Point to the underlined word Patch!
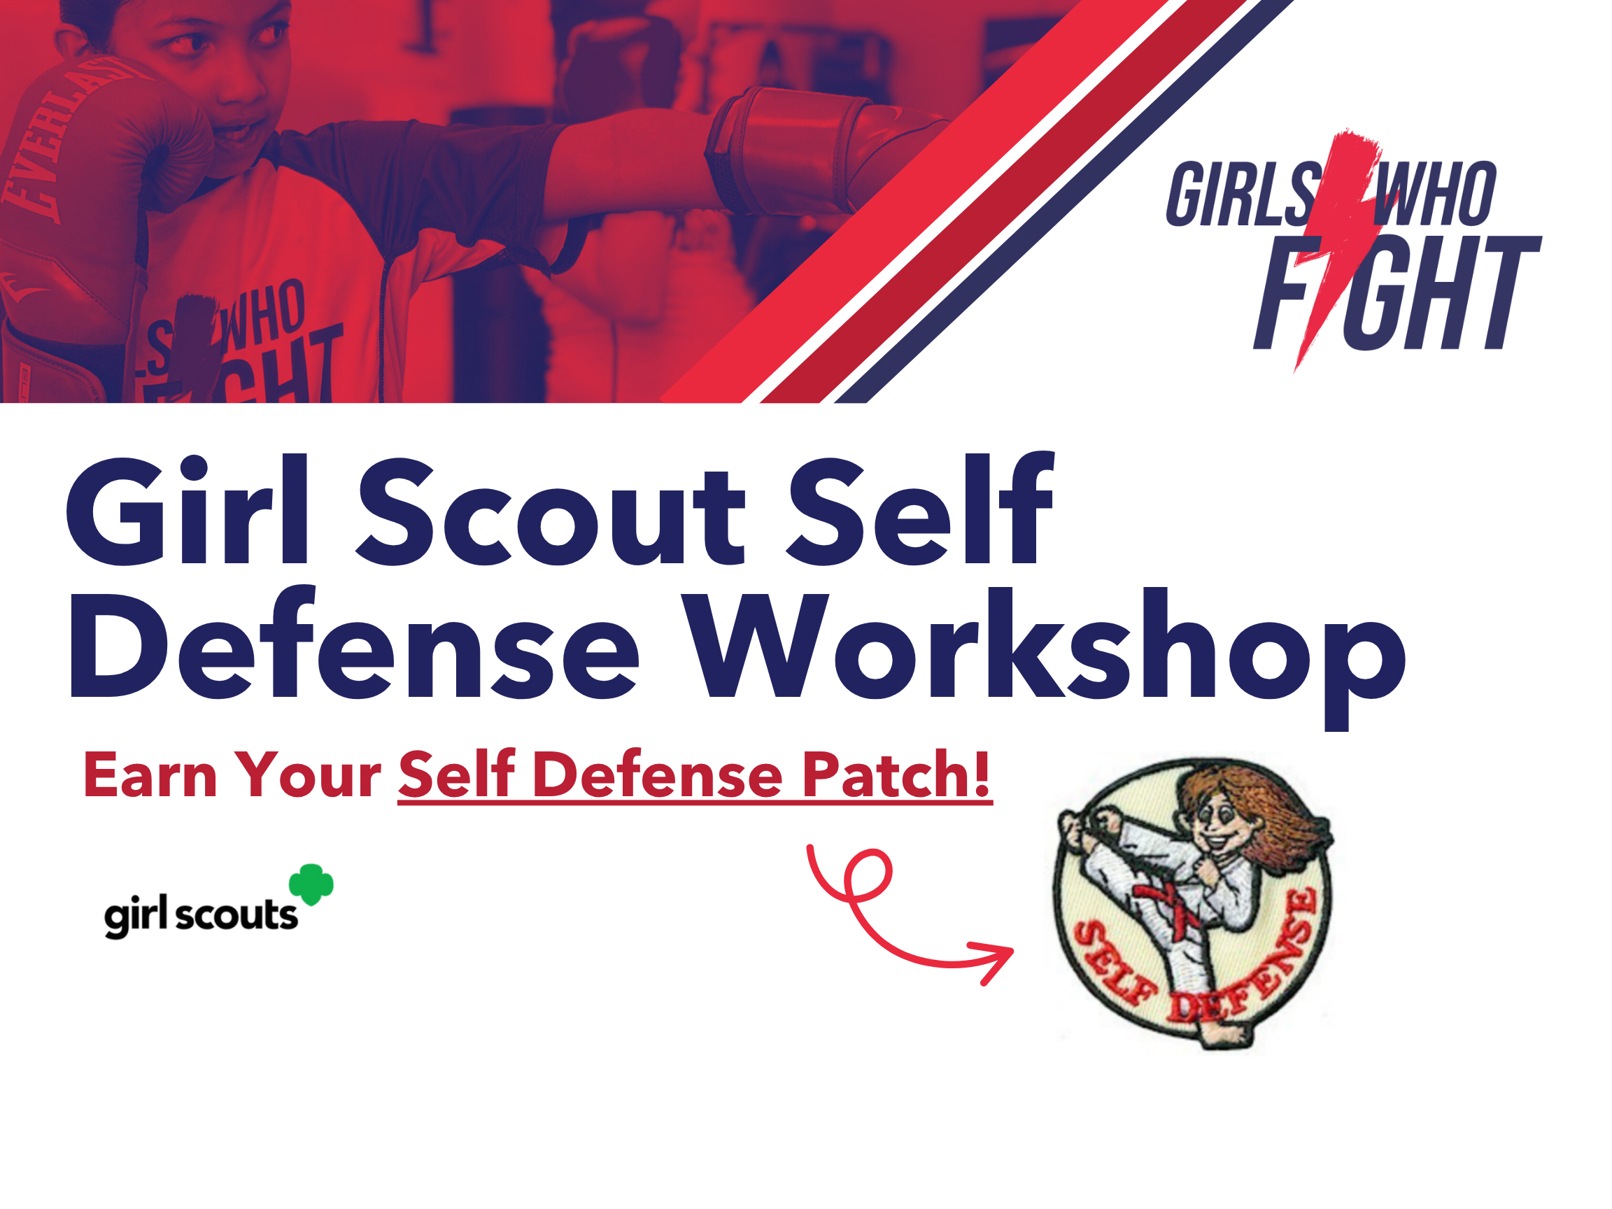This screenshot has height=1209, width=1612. (x=896, y=774)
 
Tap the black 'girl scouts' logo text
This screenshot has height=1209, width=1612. (x=201, y=914)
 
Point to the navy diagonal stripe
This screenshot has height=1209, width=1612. (x=1068, y=201)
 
